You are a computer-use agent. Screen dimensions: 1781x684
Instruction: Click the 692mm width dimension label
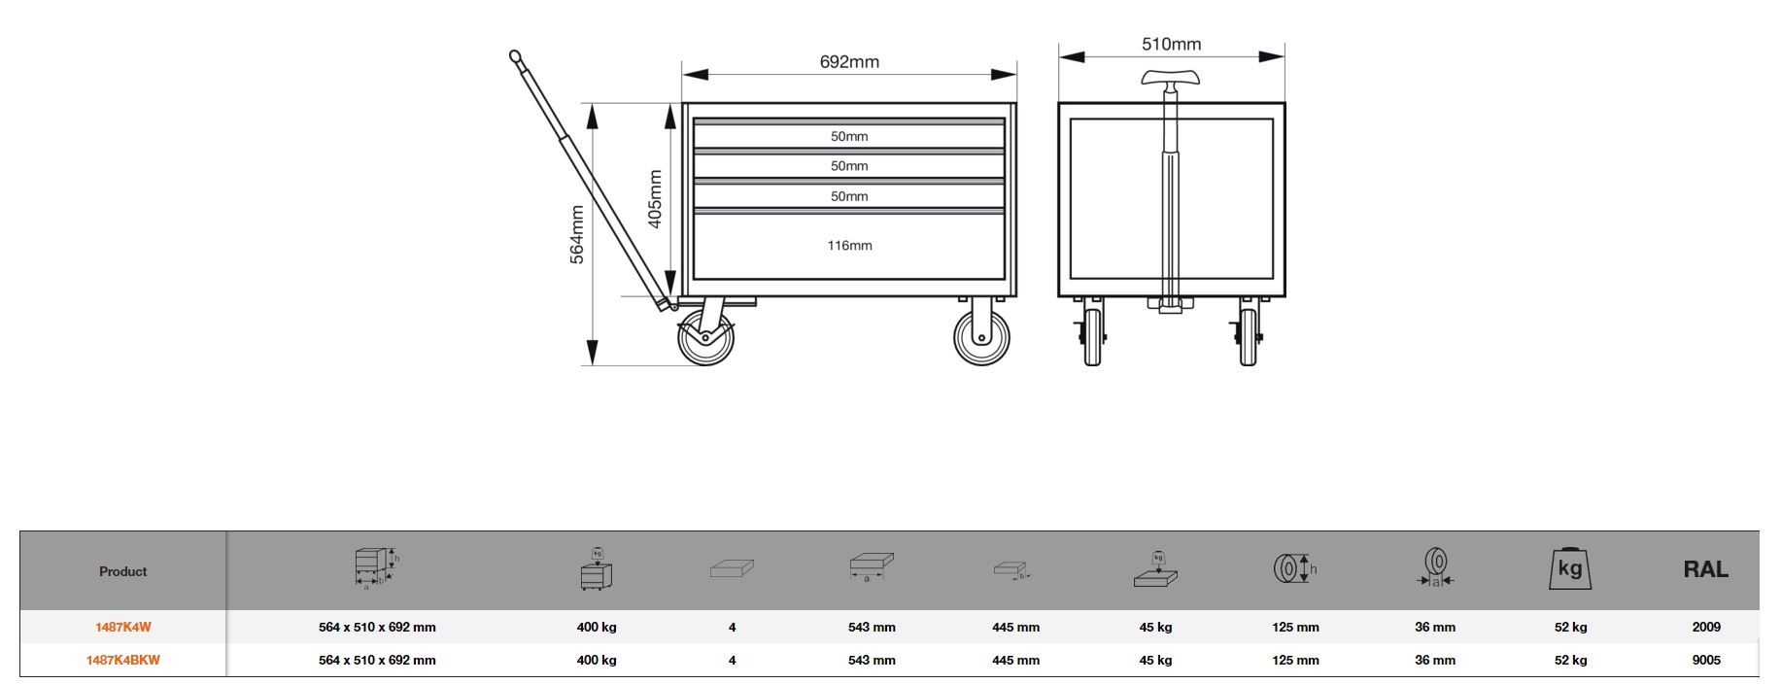(849, 62)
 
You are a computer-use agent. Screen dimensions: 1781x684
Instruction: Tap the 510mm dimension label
(1171, 44)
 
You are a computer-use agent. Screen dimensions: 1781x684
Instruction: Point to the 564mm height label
(577, 234)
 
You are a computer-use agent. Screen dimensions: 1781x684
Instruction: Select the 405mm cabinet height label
(655, 199)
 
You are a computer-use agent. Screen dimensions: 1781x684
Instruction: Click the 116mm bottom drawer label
(850, 245)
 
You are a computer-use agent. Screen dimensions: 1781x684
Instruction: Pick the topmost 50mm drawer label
(849, 136)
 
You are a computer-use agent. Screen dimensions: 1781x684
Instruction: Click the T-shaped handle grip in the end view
(1170, 78)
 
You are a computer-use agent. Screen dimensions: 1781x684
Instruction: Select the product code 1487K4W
(123, 628)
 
